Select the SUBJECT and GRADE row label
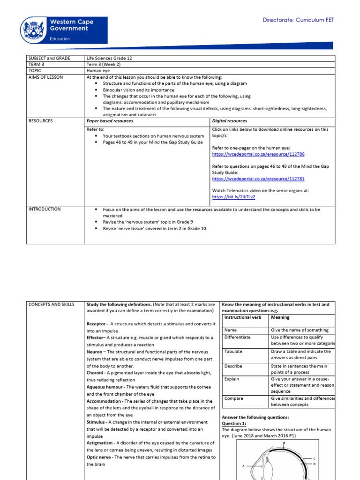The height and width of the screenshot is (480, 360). (49, 58)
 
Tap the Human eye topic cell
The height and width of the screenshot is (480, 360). (98, 71)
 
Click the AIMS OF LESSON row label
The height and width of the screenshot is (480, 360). (45, 77)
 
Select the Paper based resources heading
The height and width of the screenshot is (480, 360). (110, 121)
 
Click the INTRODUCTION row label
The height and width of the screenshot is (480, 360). (45, 209)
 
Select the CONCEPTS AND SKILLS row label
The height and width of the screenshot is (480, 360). (52, 305)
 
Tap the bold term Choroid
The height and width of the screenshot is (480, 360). (97, 373)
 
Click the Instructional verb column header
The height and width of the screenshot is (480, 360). (243, 317)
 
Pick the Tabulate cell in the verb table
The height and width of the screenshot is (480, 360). (234, 352)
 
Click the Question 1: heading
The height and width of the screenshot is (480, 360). (233, 423)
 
